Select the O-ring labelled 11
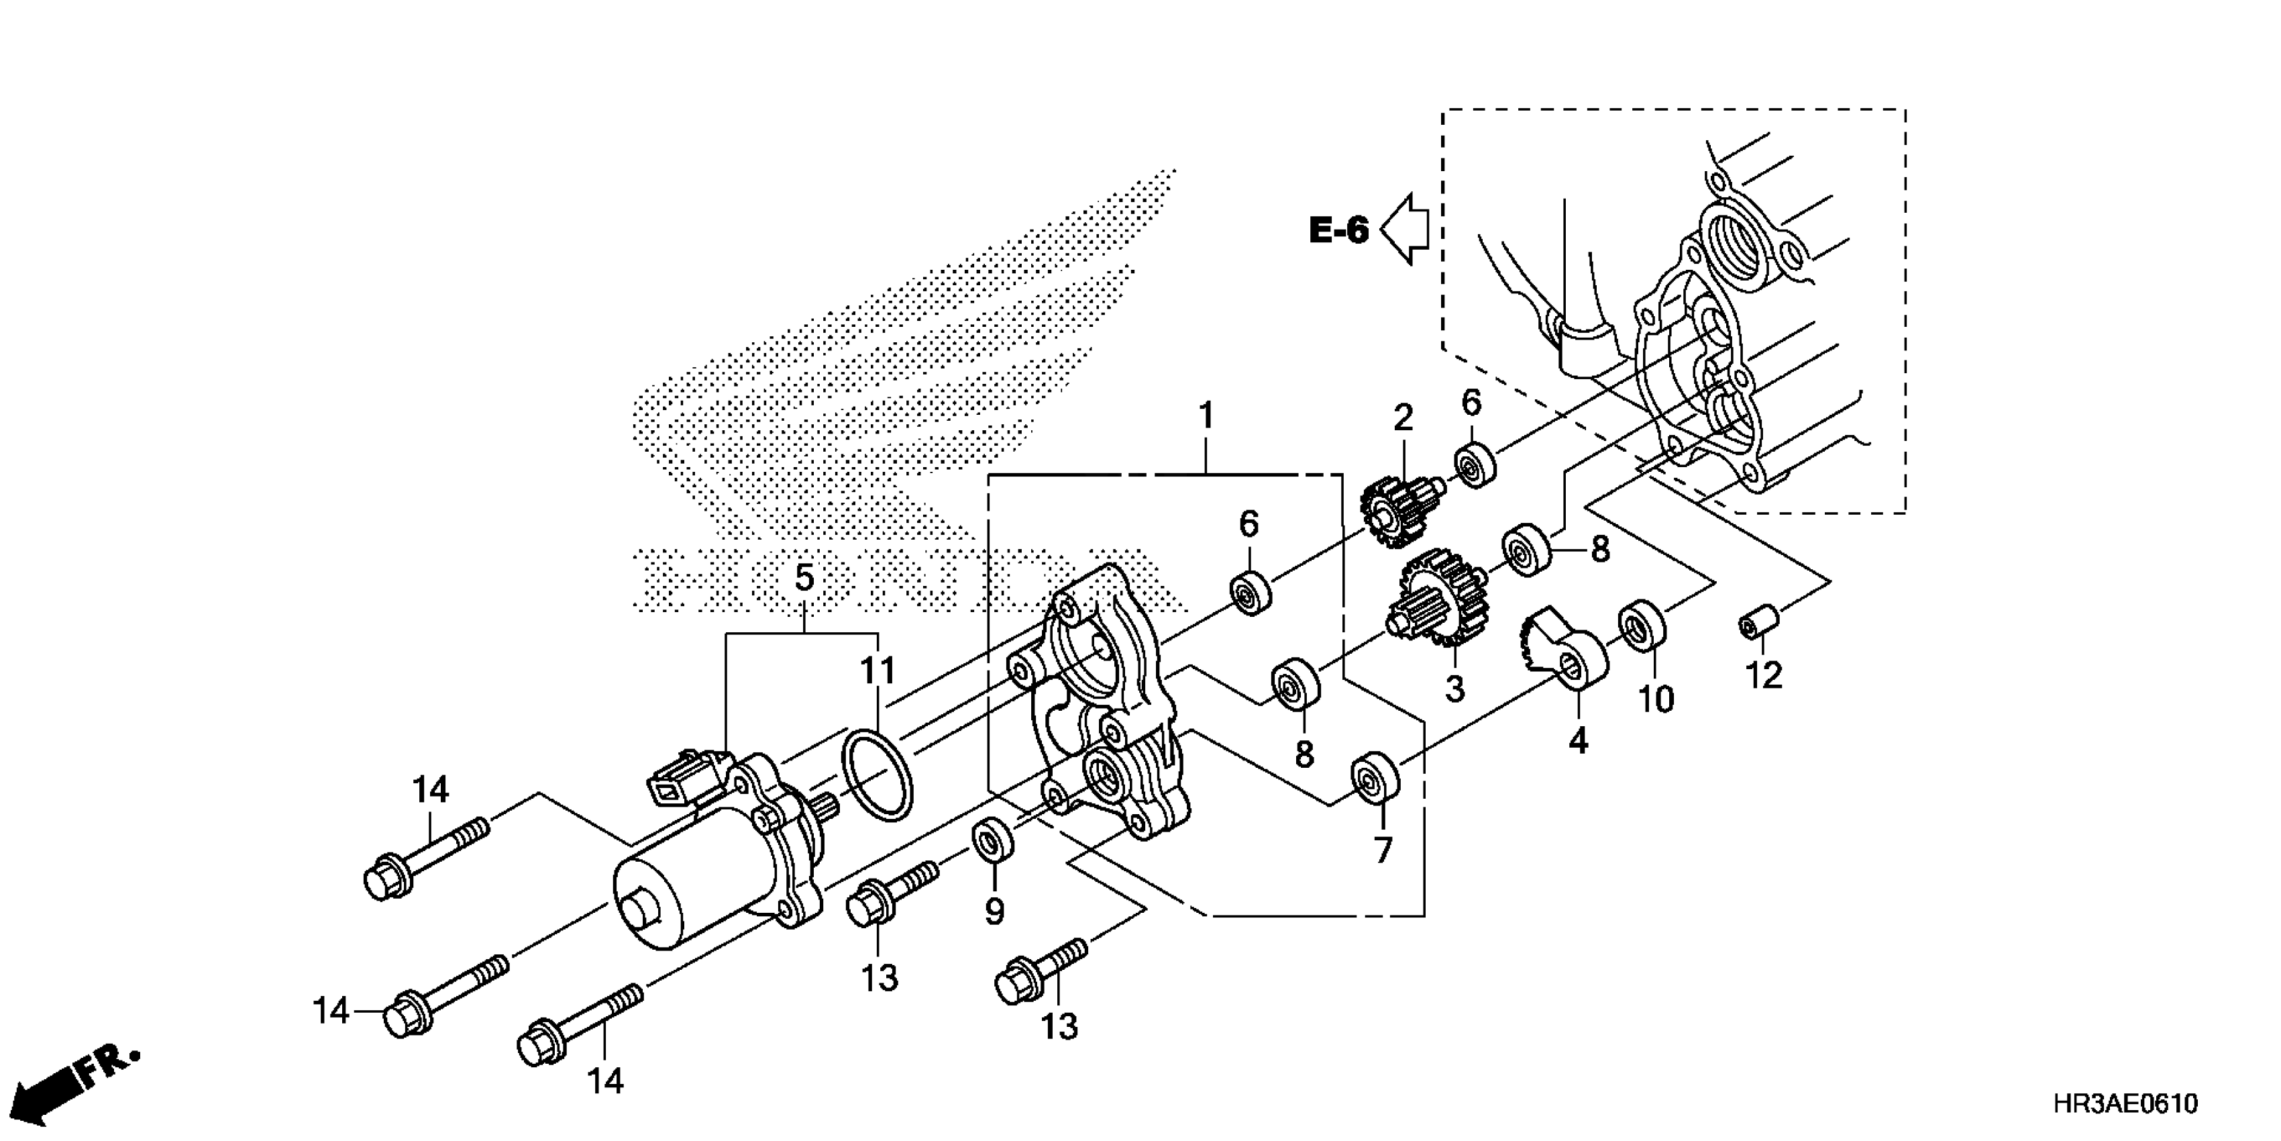click(x=877, y=775)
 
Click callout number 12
click(x=1763, y=676)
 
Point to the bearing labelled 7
click(x=1374, y=777)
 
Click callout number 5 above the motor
click(x=803, y=579)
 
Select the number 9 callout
click(x=994, y=911)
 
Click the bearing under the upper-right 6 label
click(x=1475, y=465)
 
